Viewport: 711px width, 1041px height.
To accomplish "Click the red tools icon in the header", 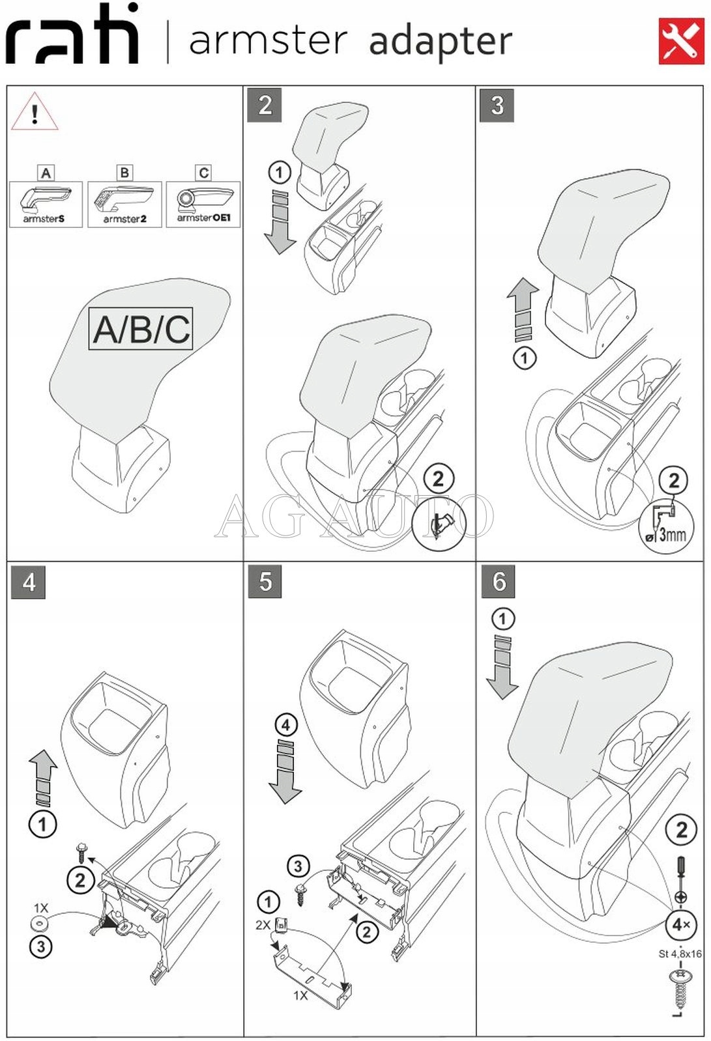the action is (681, 41).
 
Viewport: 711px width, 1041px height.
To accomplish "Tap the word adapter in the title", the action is (441, 41).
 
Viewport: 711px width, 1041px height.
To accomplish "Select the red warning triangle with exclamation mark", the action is (35, 111).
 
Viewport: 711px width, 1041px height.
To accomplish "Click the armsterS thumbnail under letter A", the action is (46, 205).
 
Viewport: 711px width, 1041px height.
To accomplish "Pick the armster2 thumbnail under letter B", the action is (124, 205).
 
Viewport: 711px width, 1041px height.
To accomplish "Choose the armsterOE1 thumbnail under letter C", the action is (203, 205).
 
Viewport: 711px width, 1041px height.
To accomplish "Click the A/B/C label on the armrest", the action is (141, 328).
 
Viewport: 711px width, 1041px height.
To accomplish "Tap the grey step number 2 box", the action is (265, 105).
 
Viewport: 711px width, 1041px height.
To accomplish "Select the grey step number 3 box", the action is (497, 105).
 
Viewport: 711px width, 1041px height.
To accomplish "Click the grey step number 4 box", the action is (29, 581).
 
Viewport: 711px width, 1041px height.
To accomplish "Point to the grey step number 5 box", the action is (265, 581).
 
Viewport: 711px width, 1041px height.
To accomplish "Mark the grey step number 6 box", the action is (499, 581).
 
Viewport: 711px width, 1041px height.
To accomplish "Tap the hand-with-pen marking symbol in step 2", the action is (439, 524).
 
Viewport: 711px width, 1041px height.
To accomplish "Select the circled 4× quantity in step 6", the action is (681, 925).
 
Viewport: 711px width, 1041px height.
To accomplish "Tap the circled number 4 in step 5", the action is (286, 725).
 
